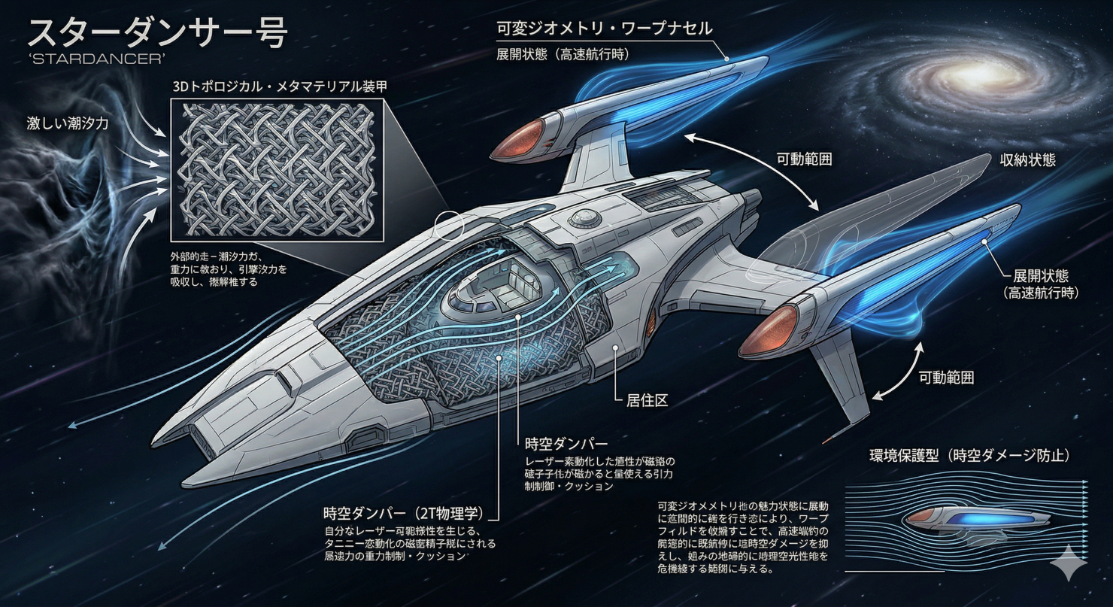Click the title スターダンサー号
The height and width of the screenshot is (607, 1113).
[156, 34]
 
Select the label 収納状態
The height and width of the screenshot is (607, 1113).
[1027, 159]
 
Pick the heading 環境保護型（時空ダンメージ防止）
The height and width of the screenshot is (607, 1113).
[969, 456]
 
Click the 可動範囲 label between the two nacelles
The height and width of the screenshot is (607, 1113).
[805, 160]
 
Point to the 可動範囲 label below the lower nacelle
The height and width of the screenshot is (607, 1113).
[946, 378]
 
